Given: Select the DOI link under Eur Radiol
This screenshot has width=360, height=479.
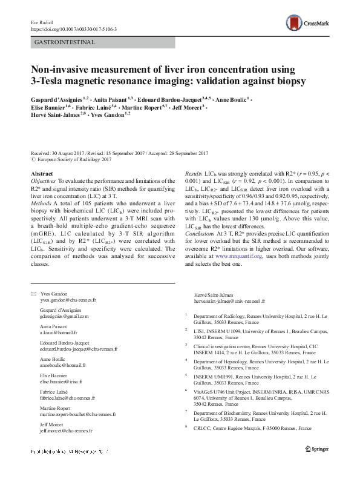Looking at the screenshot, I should click(x=73, y=28).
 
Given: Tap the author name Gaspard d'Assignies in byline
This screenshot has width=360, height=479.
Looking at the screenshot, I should click(x=59, y=97).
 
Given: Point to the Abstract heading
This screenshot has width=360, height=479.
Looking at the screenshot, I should click(x=42, y=174).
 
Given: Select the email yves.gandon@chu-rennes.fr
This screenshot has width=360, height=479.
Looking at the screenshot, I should click(x=68, y=300).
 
